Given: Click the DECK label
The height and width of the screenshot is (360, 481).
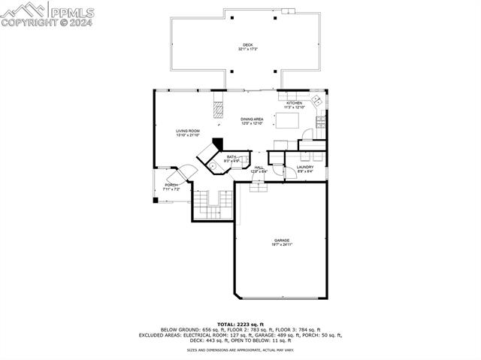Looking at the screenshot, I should pyautogui.click(x=247, y=44).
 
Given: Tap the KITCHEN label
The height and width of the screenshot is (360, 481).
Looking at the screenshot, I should pyautogui.click(x=294, y=103).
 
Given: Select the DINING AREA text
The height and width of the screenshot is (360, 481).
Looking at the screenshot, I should pyautogui.click(x=252, y=119).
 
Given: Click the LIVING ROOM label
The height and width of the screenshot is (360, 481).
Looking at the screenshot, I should pyautogui.click(x=188, y=131).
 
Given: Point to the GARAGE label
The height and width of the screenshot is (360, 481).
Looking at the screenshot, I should pyautogui.click(x=282, y=241).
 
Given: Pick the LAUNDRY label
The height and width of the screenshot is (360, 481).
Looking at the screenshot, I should pyautogui.click(x=304, y=167).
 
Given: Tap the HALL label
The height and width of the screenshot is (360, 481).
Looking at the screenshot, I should pyautogui.click(x=259, y=168).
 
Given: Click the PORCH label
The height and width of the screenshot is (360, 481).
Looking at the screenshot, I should pyautogui.click(x=172, y=185).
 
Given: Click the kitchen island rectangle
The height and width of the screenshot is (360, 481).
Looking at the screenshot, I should pyautogui.click(x=286, y=121).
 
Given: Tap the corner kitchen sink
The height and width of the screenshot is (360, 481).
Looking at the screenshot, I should pyautogui.click(x=318, y=100).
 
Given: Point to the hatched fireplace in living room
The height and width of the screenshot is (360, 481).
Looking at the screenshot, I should pyautogui.click(x=219, y=110).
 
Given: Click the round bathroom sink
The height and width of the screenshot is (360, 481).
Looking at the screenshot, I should pyautogui.click(x=213, y=165).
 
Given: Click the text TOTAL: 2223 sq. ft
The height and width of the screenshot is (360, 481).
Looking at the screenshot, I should pyautogui.click(x=240, y=324).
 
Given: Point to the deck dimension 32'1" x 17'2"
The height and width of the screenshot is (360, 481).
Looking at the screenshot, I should pyautogui.click(x=247, y=50).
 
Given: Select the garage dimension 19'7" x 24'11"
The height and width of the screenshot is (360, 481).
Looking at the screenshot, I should pyautogui.click(x=282, y=245).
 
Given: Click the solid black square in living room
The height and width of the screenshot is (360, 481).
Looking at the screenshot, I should pyautogui.click(x=218, y=143).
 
